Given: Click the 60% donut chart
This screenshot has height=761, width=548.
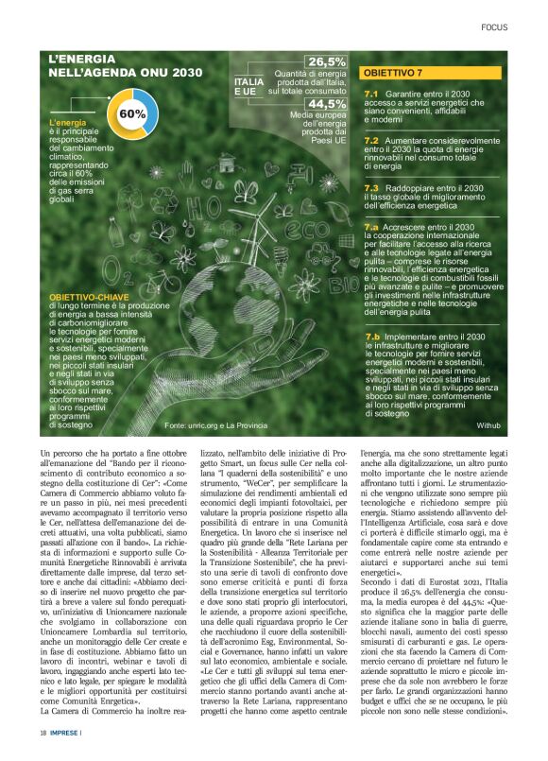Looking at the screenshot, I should click(x=131, y=114).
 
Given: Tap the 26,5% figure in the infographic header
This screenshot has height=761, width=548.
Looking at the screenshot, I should click(x=326, y=62).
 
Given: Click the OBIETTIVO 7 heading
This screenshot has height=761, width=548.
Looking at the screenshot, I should click(x=393, y=73).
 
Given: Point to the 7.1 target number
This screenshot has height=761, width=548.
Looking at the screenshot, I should click(x=371, y=95).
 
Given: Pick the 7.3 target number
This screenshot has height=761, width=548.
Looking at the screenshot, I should click(x=371, y=187).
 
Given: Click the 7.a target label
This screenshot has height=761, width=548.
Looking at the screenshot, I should click(x=371, y=228).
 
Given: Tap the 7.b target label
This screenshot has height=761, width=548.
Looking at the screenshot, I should click(x=371, y=337).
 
